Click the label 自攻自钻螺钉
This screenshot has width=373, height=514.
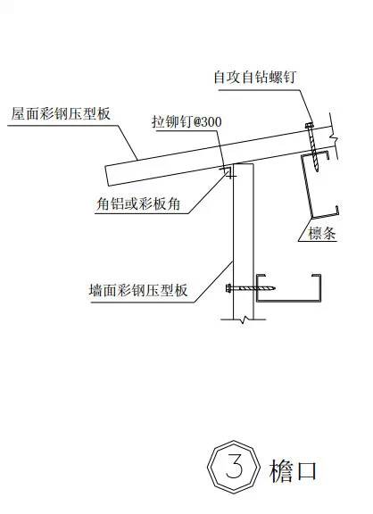255,78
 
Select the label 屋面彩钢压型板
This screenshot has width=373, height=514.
61,113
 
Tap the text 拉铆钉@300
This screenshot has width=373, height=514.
186,122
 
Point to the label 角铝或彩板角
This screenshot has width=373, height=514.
138,203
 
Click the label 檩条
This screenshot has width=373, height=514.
322,233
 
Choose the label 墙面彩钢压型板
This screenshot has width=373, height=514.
138,290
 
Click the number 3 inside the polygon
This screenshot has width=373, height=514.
234,467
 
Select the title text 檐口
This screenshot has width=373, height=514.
293,470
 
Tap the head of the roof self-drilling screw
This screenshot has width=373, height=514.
309,125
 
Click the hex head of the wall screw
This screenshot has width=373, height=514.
228,288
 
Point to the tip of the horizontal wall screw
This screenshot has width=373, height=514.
275,288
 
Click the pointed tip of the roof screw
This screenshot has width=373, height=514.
318,170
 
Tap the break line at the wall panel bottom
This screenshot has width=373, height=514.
244,319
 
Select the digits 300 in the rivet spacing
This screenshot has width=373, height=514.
213,122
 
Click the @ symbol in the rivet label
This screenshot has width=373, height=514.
198,122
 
